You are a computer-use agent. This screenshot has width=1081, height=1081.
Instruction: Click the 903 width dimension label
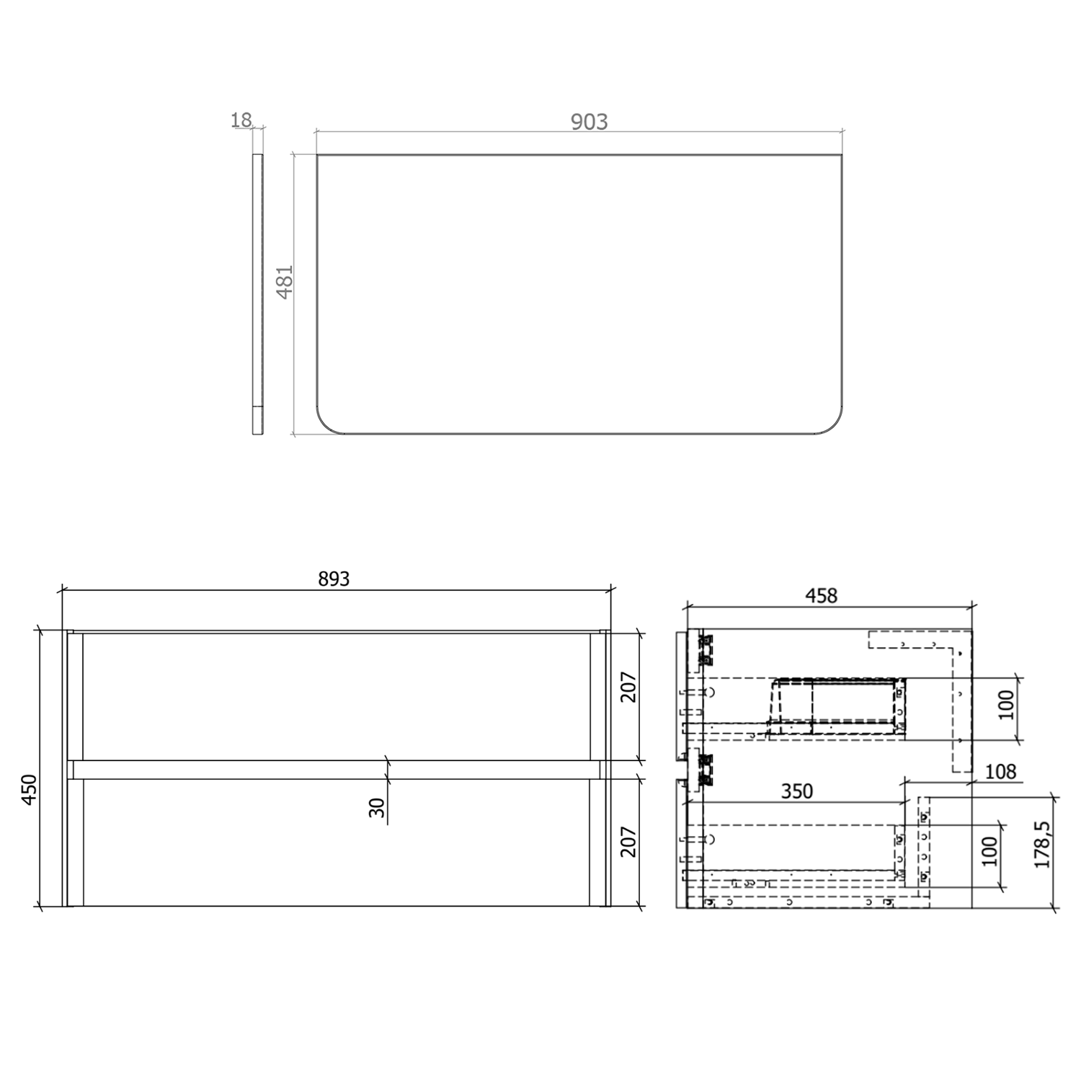589,122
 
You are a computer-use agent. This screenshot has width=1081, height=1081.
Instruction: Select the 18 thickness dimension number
241,120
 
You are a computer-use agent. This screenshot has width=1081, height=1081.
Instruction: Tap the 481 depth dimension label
285,282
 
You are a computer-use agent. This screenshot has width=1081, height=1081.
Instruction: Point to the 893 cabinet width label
334,579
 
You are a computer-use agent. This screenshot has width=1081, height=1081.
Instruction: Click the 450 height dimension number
29,790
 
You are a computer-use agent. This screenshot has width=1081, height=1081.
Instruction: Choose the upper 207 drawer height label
628,688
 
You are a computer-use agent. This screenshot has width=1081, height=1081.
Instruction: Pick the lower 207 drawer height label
628,841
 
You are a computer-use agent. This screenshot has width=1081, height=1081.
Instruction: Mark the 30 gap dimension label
377,807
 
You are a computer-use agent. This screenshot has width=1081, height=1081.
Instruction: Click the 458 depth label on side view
821,596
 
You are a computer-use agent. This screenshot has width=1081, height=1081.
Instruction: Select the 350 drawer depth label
797,791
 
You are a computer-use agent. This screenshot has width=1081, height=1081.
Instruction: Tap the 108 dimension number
1000,772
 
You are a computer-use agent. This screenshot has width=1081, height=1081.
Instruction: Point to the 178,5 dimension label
1042,845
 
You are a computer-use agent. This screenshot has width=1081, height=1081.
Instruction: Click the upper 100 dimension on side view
1006,704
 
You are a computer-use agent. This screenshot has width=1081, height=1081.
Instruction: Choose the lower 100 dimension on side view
989,851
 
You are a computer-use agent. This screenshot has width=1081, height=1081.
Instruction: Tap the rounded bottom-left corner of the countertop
326,424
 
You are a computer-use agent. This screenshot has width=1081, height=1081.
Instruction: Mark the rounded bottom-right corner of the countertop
834,424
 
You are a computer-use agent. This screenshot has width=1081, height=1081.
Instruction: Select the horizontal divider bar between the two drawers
335,770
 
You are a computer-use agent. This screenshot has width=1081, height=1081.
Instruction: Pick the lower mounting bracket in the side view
704,769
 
